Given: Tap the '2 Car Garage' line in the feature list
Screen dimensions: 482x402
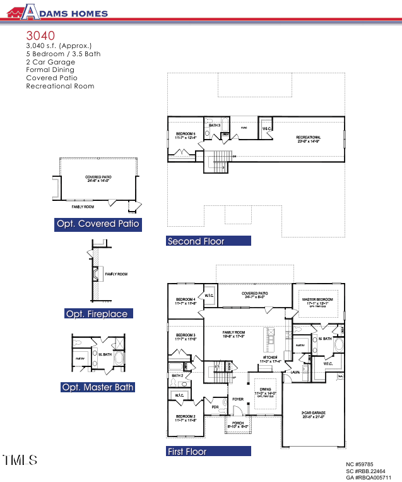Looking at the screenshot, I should tap(50, 62).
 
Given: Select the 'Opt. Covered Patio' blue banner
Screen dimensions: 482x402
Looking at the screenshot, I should tap(98, 224).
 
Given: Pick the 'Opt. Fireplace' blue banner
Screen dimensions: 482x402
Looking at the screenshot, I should tap(97, 314).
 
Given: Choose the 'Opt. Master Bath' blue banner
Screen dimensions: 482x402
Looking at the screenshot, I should tap(98, 387).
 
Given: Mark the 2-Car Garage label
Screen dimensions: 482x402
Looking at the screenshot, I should tap(312, 415).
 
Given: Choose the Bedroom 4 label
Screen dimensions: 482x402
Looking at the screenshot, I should tap(186, 301).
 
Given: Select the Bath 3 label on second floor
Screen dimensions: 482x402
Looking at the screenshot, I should tap(215, 125).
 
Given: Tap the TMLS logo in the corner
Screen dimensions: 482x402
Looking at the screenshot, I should tap(20, 460).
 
